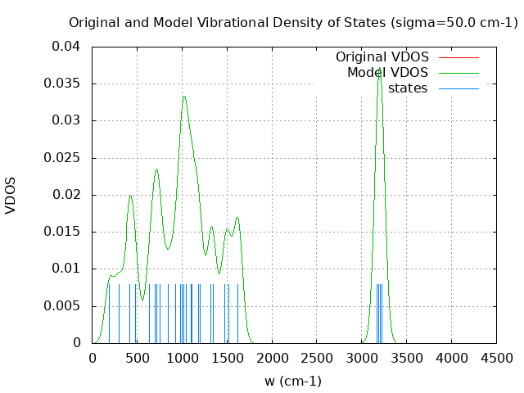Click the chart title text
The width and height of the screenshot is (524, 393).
pyautogui.click(x=293, y=22)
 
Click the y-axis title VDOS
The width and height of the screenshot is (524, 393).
pyautogui.click(x=11, y=195)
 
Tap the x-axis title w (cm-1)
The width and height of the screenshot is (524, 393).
pyautogui.click(x=293, y=381)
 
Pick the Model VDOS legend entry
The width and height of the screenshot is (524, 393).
pyautogui.click(x=387, y=73)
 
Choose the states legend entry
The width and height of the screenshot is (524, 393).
pyautogui.click(x=408, y=88)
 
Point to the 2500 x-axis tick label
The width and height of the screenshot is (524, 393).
pyautogui.click(x=316, y=358)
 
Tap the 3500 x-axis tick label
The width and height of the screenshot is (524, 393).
pyautogui.click(x=406, y=358)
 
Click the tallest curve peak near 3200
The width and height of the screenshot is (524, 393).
pyautogui.click(x=379, y=72)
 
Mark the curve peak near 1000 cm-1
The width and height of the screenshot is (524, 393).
pyautogui.click(x=184, y=97)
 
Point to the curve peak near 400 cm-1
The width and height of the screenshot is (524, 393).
pyautogui.click(x=130, y=195)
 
